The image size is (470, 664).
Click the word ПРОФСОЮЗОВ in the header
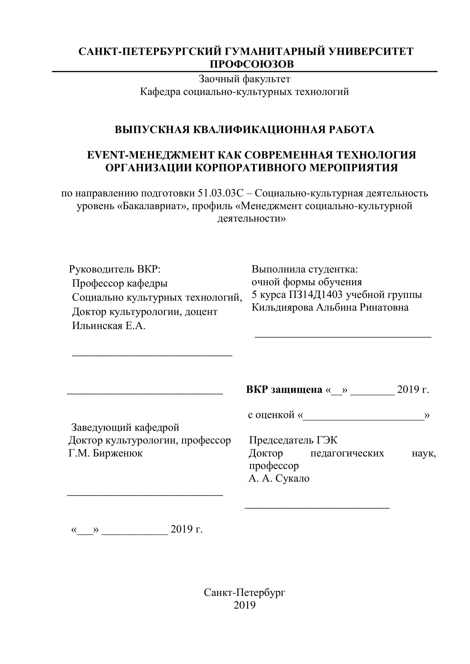(252, 64)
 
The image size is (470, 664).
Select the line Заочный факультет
(245, 79)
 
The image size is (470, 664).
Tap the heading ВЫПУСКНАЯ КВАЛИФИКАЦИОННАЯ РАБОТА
(245, 130)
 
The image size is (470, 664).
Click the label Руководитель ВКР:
(115, 269)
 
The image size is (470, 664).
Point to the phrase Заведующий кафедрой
(125, 427)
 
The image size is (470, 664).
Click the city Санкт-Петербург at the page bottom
(245, 592)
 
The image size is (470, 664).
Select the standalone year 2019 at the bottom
(245, 605)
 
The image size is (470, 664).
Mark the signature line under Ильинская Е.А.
(152, 355)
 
